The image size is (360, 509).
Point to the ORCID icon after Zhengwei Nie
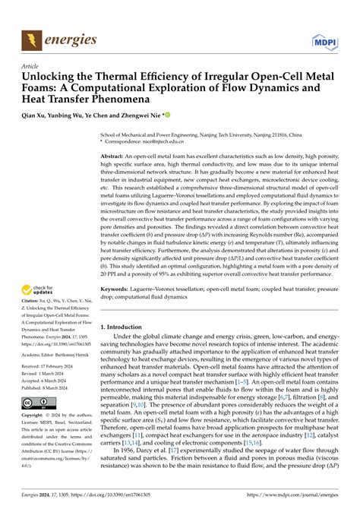(168, 115)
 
